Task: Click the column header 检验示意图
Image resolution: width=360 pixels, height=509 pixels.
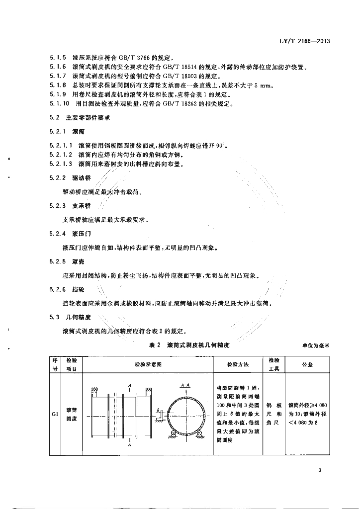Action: click(x=149, y=364)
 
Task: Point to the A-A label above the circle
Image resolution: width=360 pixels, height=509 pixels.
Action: click(x=183, y=385)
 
